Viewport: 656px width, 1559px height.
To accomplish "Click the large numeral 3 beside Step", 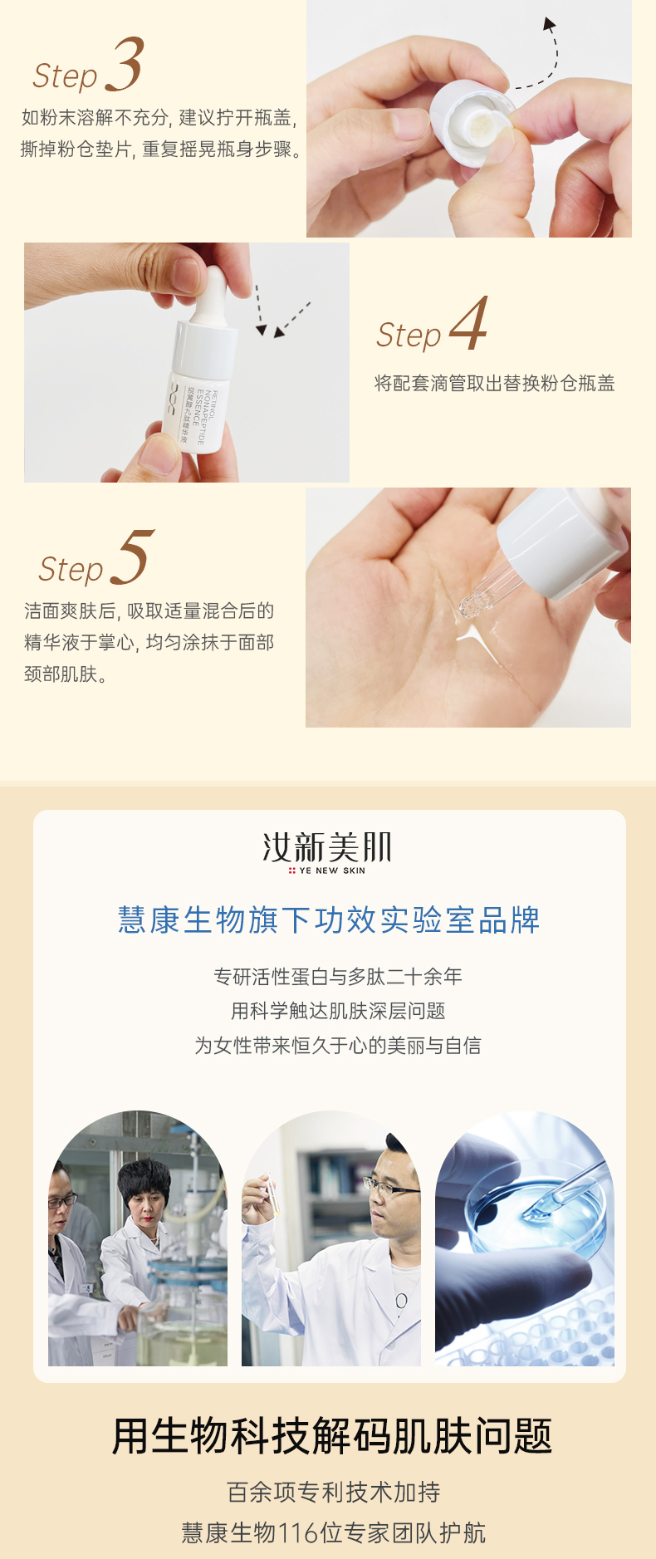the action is click(x=125, y=64).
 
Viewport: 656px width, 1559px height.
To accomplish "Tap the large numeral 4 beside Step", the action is click(x=468, y=324).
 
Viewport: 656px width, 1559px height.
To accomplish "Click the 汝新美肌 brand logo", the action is click(x=327, y=848).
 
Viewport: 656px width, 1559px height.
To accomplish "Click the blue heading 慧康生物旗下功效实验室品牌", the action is click(x=329, y=920).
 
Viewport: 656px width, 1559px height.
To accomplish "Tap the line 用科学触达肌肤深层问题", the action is click(x=338, y=1011).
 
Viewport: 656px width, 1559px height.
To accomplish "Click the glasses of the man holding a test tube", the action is click(x=389, y=1187).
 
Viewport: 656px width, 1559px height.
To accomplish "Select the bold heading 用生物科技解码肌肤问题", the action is click(x=332, y=1436).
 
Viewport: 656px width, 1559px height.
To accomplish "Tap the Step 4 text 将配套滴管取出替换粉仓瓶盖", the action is click(x=495, y=383).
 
